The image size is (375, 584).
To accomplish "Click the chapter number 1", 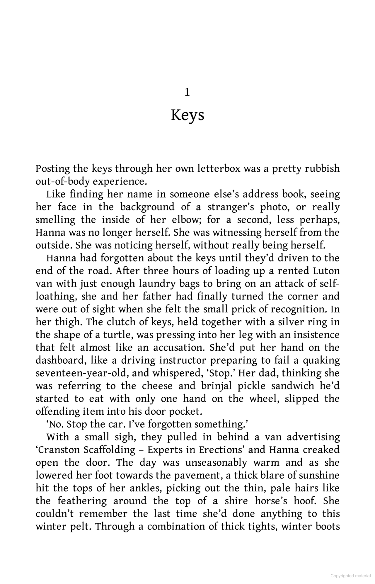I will (187, 93).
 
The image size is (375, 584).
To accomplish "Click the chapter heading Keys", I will (187, 115).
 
